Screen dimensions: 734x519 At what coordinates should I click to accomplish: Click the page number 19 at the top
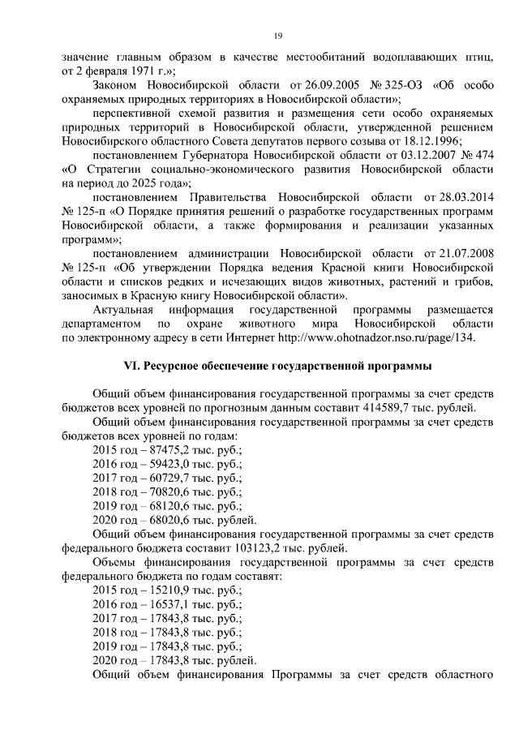coord(277,36)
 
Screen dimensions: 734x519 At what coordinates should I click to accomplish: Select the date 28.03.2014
coord(461,197)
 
